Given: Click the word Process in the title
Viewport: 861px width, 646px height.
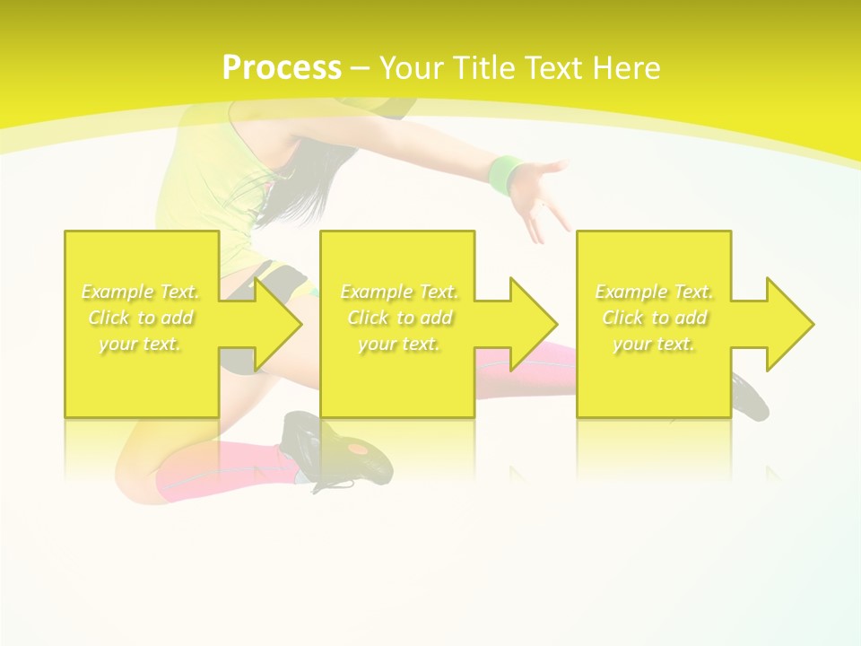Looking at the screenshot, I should (282, 68).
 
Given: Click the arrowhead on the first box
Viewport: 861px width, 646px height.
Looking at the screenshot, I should (278, 324).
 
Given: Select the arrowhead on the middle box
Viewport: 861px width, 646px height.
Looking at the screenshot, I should (534, 324).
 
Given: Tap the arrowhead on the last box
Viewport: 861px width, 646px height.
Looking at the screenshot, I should (790, 324).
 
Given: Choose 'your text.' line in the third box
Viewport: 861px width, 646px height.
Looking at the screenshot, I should (654, 344).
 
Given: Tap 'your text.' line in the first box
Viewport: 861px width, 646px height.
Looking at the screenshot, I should (140, 344).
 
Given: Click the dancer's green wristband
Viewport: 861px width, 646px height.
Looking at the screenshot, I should (507, 173).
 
